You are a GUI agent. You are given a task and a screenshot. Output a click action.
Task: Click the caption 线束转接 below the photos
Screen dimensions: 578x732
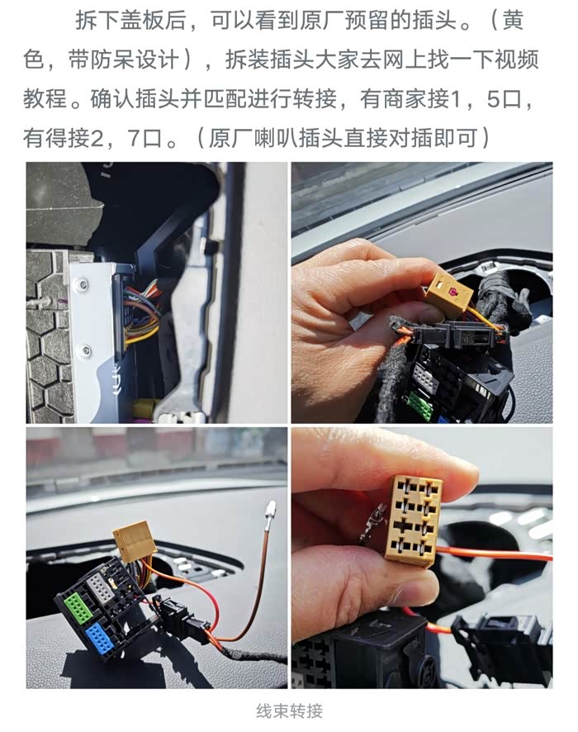click(x=289, y=711)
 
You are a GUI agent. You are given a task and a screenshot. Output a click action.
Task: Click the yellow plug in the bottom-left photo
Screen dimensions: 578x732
click(x=135, y=541)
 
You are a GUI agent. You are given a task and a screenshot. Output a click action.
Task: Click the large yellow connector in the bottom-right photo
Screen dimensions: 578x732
click(x=415, y=520)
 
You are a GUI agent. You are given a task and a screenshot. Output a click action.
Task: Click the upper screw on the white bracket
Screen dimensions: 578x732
click(x=83, y=283)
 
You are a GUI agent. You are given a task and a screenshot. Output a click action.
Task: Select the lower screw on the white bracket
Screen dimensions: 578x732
click(x=86, y=349)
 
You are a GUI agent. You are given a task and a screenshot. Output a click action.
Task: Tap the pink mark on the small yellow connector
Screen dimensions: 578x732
click(x=453, y=292)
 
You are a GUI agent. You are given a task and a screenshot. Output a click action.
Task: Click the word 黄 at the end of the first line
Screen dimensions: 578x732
click(x=513, y=21)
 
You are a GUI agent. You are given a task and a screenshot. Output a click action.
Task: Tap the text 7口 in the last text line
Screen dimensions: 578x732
click(x=144, y=138)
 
